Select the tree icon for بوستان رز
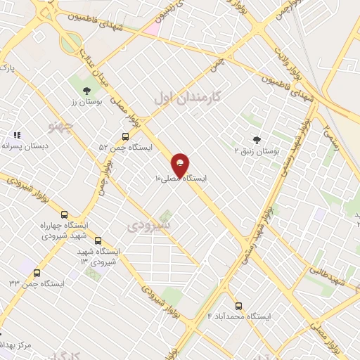pyautogui.click(x=86, y=91)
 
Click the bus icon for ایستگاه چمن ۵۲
pyautogui.click(x=125, y=136)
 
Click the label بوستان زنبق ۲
pyautogui.click(x=257, y=150)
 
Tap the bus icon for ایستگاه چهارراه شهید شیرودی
pyautogui.click(x=65, y=214)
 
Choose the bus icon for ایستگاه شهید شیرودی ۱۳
pyautogui.click(x=97, y=240)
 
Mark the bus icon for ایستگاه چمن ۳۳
pyautogui.click(x=37, y=273)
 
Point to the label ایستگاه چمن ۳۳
pyautogui.click(x=37, y=283)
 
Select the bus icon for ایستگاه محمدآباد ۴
pyautogui.click(x=238, y=306)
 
